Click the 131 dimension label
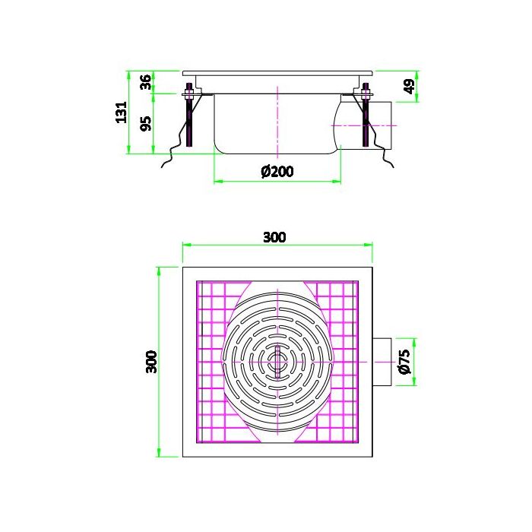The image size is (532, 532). point(120,112)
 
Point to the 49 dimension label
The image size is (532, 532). point(410,87)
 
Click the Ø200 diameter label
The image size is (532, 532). point(277,172)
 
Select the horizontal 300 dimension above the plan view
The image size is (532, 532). point(274,237)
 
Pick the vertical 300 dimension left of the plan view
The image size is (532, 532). point(151,361)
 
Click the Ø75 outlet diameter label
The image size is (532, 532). point(404,361)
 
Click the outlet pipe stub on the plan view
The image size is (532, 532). point(382,361)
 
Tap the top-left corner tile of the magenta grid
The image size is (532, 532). point(204,287)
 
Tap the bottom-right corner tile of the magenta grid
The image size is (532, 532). point(352,436)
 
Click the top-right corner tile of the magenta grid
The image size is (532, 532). point(352,287)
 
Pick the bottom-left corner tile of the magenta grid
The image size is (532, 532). point(204,436)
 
